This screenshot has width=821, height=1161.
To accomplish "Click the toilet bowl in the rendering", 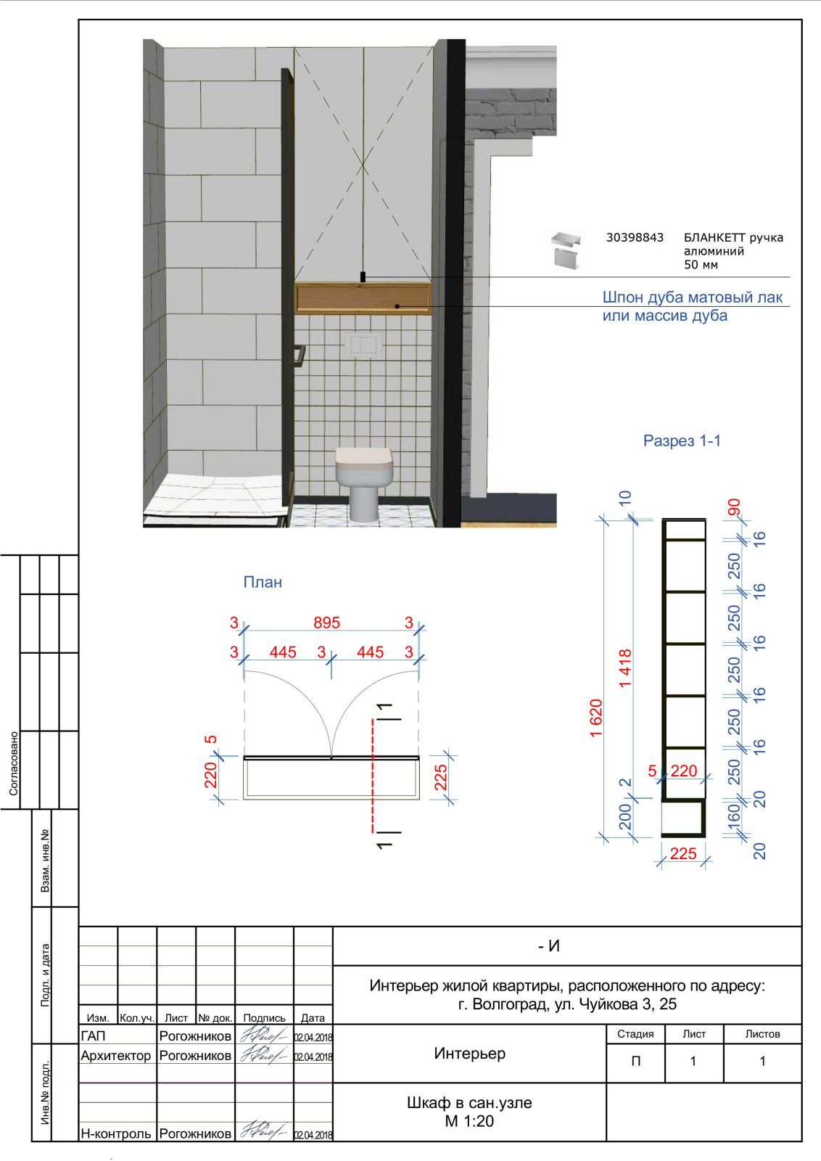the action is point(363,484).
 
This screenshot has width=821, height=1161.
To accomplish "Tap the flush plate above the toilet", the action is point(364,344).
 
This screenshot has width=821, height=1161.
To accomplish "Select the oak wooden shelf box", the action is point(363,298).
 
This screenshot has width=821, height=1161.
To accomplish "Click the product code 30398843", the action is point(635,237).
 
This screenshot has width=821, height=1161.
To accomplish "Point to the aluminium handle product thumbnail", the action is point(566,251).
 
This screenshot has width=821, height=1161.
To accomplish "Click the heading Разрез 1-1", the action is point(682,440).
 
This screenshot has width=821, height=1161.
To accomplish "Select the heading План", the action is point(263,582).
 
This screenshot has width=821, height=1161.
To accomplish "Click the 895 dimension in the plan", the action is point(327,623).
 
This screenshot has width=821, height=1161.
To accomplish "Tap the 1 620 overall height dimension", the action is point(596,718).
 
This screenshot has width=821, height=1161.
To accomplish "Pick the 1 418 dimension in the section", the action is point(626,668).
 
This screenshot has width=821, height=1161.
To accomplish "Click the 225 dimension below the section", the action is point(683,853).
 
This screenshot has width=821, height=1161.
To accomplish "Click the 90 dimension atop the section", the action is point(734,507).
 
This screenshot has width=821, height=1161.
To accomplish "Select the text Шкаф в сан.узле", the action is point(469,1102).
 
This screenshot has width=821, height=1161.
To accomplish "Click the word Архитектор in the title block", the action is point(115,1055).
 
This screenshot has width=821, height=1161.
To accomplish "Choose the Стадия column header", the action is point(635,1033).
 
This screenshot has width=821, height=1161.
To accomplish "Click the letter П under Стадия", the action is point(636,1061).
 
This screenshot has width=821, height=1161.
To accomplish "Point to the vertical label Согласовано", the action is point(14,763).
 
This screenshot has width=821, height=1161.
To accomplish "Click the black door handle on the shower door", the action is point(300,356).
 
